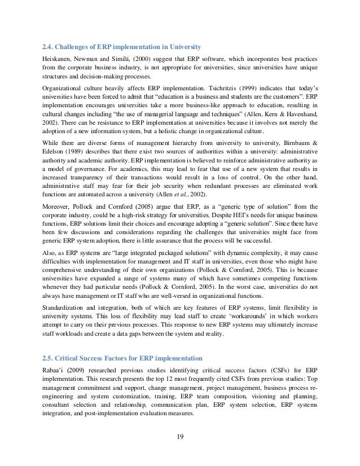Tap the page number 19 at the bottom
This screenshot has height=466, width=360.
tap(179, 435)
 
